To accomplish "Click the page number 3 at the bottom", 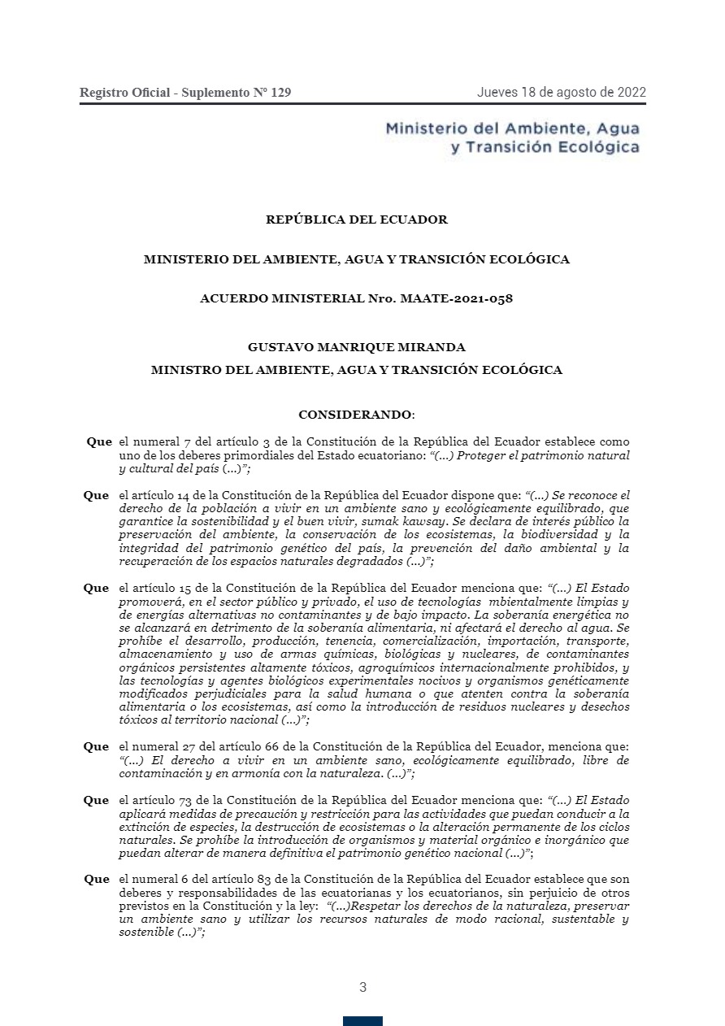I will click(362, 988).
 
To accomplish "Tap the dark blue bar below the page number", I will click(362, 1021).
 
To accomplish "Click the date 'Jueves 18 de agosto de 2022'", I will click(561, 92).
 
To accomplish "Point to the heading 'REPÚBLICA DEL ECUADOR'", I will click(357, 220).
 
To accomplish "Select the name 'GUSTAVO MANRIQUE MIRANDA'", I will click(357, 347).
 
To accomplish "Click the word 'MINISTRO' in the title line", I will click(182, 370).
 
